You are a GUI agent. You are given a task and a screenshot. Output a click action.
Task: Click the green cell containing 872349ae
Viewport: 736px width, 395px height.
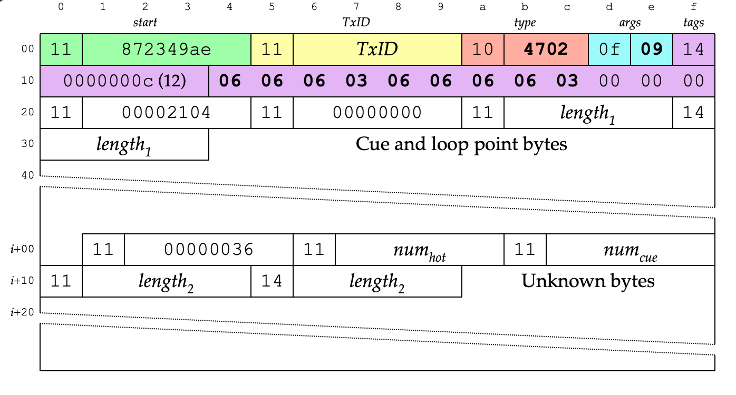[x=167, y=50]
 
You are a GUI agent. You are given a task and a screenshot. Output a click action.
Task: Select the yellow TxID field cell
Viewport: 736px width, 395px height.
[x=377, y=50]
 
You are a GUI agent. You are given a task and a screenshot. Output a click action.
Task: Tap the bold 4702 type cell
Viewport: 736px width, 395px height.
[x=546, y=50]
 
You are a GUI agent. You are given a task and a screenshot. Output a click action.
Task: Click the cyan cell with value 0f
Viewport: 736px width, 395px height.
[x=609, y=50]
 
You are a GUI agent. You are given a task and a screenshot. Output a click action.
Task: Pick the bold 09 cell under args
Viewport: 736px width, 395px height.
[x=652, y=50]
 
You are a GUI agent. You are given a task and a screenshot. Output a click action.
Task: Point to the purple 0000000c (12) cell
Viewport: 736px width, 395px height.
[x=124, y=81]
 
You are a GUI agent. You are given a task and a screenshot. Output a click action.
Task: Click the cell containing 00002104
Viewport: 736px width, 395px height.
[x=167, y=113]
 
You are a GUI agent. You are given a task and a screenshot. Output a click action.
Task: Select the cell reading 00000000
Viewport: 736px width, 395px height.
[x=377, y=113]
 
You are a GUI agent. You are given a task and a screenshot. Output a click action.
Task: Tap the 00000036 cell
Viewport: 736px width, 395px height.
[x=209, y=249]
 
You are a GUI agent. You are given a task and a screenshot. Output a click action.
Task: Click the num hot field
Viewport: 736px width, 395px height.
[x=420, y=250]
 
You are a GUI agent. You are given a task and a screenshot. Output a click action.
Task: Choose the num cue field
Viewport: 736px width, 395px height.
[x=631, y=250]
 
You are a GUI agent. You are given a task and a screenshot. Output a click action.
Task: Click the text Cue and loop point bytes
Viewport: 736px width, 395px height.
[x=461, y=144]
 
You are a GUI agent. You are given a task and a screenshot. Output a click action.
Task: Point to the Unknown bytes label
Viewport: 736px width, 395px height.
[x=588, y=281]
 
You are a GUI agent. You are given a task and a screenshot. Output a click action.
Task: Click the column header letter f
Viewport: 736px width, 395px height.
[x=694, y=7]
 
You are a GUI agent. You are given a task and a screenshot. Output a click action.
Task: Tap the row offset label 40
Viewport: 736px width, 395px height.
[x=27, y=175]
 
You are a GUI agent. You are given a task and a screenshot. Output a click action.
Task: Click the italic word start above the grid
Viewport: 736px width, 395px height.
[x=145, y=23]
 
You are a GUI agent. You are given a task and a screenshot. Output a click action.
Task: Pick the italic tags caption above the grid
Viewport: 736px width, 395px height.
[x=694, y=23]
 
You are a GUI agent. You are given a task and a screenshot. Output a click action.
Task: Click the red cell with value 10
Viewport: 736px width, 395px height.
[x=483, y=50]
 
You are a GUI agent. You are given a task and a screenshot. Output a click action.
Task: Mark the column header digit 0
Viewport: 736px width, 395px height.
[x=61, y=7]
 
